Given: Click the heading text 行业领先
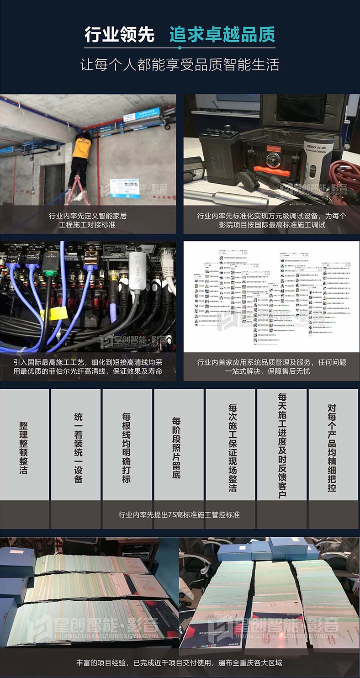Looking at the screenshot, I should coord(119,35).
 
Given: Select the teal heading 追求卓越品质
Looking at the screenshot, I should coord(222,35).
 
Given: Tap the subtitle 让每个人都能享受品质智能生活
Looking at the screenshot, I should coord(180,64).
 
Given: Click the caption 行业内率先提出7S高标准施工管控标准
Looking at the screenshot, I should coord(180,515).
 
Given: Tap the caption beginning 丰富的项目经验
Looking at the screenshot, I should coord(180,662).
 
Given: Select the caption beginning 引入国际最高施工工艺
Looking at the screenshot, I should coord(88,366).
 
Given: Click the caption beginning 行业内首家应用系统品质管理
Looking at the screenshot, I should coord(271,366).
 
